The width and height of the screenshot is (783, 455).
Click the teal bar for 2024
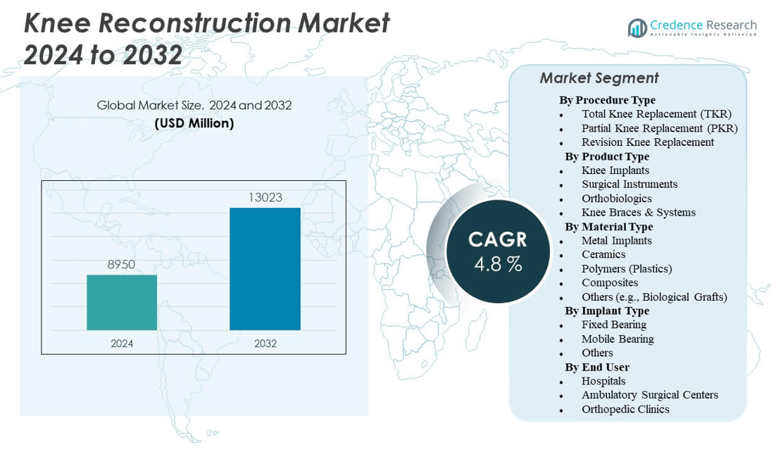click(x=122, y=302)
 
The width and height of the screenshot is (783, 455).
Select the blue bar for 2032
click(x=265, y=268)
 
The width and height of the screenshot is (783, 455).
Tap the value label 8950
click(x=121, y=265)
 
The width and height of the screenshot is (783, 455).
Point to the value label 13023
click(x=265, y=198)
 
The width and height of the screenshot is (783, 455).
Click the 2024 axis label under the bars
click(x=122, y=344)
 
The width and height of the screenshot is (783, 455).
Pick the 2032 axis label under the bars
click(x=265, y=344)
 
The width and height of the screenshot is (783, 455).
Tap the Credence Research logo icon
click(x=637, y=27)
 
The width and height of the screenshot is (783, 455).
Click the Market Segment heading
click(x=599, y=78)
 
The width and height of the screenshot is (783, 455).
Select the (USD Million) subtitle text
click(x=194, y=123)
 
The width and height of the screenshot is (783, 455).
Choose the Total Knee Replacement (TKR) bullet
click(x=656, y=114)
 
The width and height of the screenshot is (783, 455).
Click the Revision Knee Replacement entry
click(x=647, y=142)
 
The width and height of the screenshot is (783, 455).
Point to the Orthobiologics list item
click(x=616, y=199)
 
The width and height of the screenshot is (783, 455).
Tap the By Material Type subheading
click(x=608, y=227)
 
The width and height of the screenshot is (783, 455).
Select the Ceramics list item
click(x=603, y=254)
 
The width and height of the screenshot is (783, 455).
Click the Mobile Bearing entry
click(x=617, y=339)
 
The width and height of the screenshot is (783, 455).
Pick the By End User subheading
click(x=596, y=367)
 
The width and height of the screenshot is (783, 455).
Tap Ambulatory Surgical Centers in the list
click(x=649, y=395)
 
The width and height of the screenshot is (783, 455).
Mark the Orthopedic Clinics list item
click(x=625, y=409)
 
